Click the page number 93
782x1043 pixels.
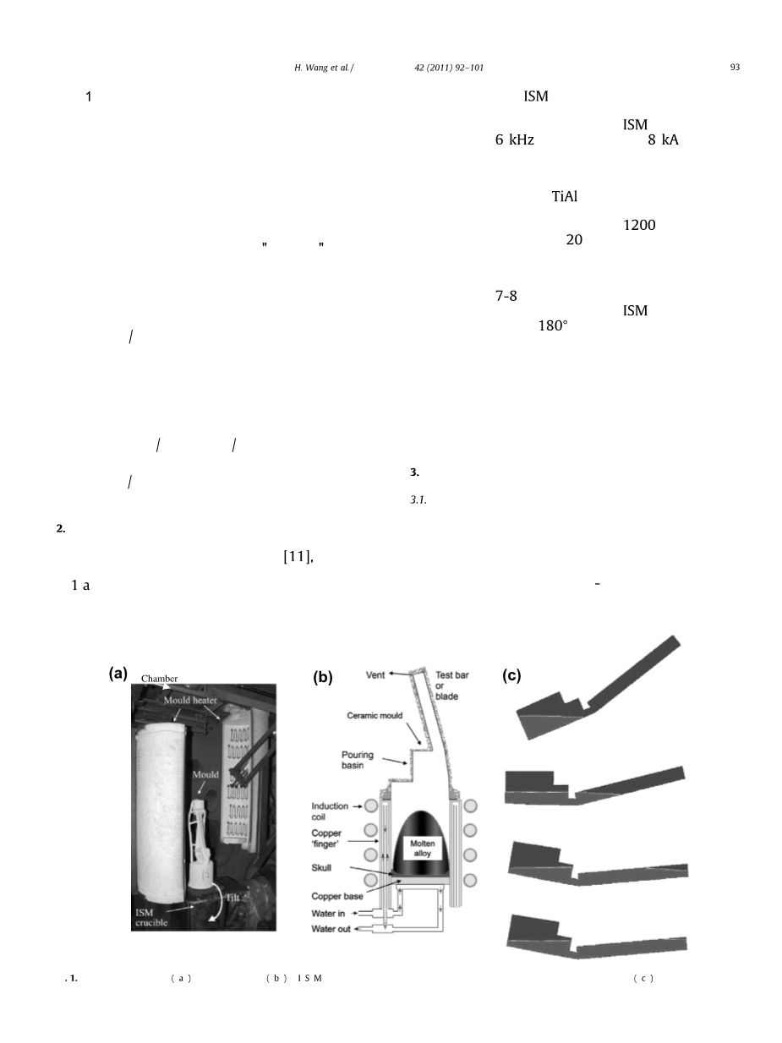pos(735,68)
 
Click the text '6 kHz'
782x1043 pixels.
pos(515,139)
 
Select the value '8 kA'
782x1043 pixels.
pos(664,139)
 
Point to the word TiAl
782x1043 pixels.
pos(565,196)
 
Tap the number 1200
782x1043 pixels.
pos(639,225)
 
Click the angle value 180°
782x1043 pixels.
pos(553,325)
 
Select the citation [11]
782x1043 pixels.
pos(297,556)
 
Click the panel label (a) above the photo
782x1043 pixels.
pos(118,673)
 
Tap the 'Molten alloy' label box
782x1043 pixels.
pos(423,849)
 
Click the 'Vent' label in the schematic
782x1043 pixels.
pos(375,674)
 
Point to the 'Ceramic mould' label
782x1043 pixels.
pos(375,715)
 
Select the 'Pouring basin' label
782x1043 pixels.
pos(358,760)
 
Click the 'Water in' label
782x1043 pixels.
pos(328,914)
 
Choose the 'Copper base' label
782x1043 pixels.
pos(336,896)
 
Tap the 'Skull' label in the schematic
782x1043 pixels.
pos(321,868)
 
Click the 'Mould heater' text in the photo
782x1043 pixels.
pos(190,700)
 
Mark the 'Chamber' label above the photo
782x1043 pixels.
pos(159,679)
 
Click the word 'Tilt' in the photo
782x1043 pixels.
pos(232,898)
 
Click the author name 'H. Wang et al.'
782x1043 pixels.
pos(323,68)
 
